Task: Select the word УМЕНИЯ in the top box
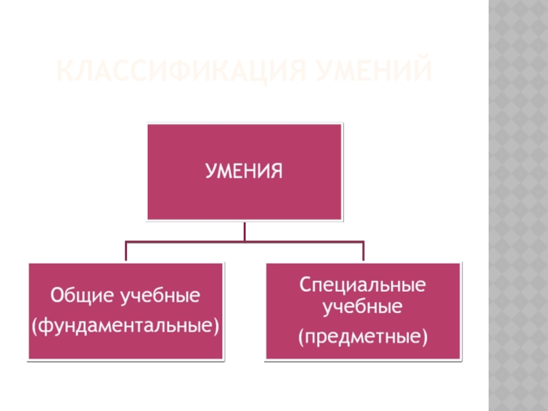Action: point(245,171)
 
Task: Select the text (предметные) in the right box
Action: point(363,336)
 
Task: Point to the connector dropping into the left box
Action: point(125,251)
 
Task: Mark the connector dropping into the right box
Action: point(363,251)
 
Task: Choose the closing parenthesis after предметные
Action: point(425,337)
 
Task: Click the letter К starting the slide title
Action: point(61,71)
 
